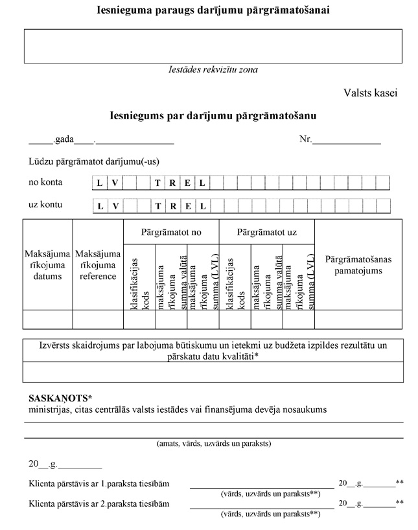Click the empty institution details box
point(213,46)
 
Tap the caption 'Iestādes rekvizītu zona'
point(213,69)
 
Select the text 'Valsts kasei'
point(370,93)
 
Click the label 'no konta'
point(45,182)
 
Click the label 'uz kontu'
point(45,205)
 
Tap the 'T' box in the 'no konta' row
point(157,183)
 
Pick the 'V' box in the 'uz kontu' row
point(114,207)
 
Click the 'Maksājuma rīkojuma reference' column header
point(98,265)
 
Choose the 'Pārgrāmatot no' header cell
point(171,232)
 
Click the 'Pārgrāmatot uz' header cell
point(267,232)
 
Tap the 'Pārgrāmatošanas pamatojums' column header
point(358,264)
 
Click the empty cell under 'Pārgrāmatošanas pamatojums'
point(358,319)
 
